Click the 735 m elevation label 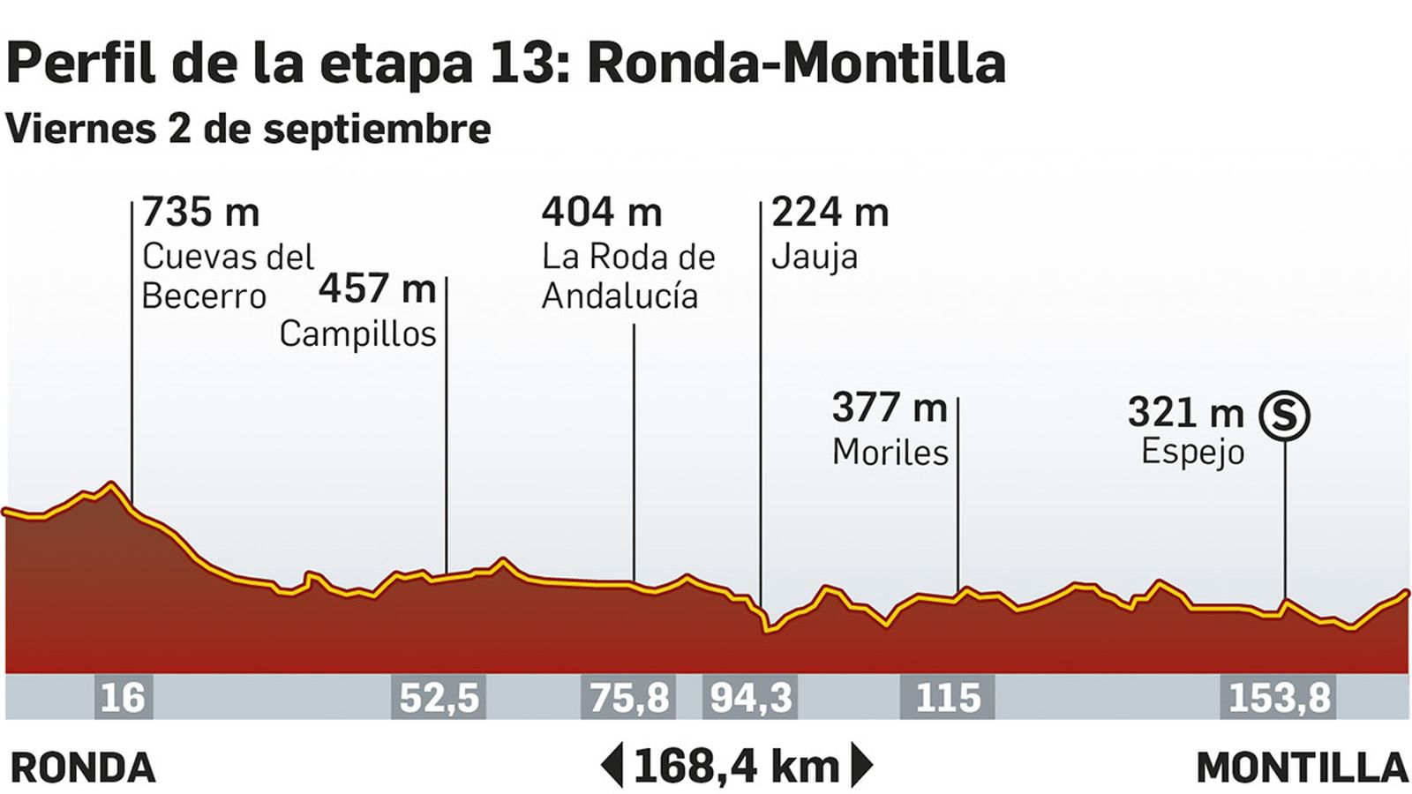tap(200, 213)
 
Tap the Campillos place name tap(357, 334)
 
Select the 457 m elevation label tap(377, 288)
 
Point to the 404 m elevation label tap(601, 213)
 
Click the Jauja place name tap(814, 258)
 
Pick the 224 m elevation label tap(830, 213)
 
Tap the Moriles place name tap(890, 453)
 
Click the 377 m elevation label tap(889, 408)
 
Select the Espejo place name tap(1192, 452)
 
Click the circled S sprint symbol tap(1284, 415)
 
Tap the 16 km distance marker tap(123, 698)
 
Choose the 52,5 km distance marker tap(439, 698)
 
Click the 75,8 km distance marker tap(627, 698)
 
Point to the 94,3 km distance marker tap(751, 698)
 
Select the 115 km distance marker tap(948, 698)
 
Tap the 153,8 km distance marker tap(1279, 698)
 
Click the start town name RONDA tap(83, 768)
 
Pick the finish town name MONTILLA tap(1302, 768)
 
